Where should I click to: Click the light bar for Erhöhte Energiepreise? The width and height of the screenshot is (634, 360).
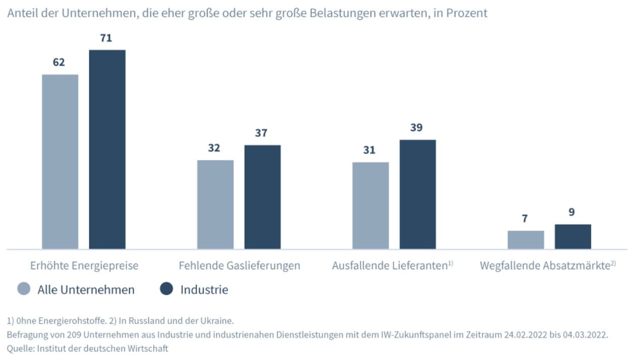click(x=60, y=161)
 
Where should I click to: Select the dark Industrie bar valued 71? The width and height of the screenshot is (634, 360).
click(x=107, y=149)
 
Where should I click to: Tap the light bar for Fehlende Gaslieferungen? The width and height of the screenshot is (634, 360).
click(x=215, y=204)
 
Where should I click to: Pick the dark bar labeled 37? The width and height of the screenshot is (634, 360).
click(x=263, y=197)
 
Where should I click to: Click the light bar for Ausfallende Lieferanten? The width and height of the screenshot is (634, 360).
click(x=370, y=205)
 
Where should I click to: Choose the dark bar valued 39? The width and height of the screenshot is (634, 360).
click(x=418, y=194)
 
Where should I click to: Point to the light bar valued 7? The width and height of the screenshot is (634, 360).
click(x=526, y=239)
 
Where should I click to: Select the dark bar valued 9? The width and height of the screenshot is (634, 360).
click(x=573, y=236)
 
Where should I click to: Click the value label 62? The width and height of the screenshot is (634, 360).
click(x=59, y=63)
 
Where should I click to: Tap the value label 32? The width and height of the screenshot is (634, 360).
click(x=214, y=148)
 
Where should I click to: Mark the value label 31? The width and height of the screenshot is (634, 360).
click(x=369, y=150)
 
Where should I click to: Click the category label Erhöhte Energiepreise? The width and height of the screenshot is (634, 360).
click(x=84, y=265)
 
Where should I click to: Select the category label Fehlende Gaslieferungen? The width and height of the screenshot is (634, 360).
click(x=239, y=265)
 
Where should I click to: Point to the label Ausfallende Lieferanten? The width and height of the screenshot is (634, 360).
click(x=390, y=265)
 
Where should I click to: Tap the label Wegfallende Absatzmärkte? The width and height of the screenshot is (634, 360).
click(x=545, y=265)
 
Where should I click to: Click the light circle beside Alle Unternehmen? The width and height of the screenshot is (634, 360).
click(x=24, y=289)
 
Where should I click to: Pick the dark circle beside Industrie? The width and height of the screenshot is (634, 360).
click(x=166, y=289)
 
